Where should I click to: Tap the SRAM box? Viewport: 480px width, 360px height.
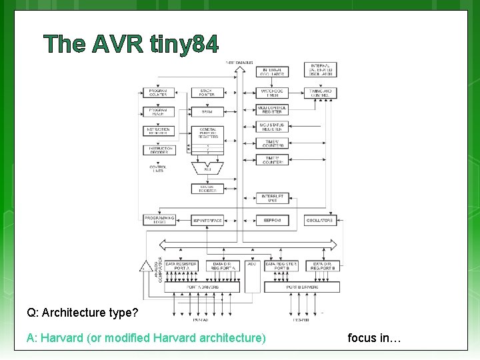click(x=207, y=112)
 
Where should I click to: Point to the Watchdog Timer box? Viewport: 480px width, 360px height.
click(x=272, y=91)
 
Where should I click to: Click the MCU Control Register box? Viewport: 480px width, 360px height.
click(x=272, y=109)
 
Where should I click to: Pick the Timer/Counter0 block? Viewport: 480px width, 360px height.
click(x=272, y=143)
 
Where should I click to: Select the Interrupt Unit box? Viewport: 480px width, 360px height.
click(x=272, y=198)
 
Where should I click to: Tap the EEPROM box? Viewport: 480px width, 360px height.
click(x=272, y=220)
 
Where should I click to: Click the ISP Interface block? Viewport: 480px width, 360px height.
click(x=207, y=220)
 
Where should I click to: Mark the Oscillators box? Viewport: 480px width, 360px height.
click(x=320, y=220)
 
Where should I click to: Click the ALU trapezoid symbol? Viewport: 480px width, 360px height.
click(x=207, y=167)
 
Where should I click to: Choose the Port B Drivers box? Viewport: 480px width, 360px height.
click(x=302, y=287)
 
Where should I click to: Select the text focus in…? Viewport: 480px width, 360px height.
click(x=374, y=338)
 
